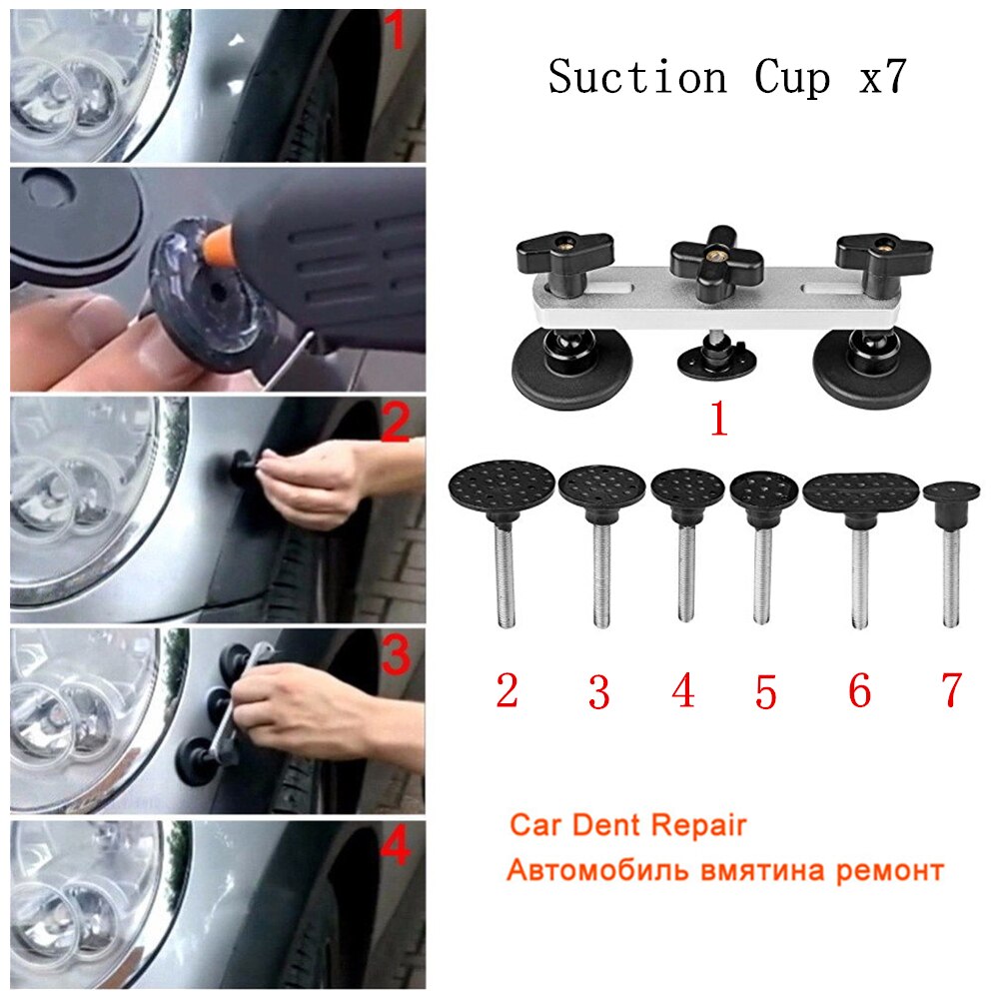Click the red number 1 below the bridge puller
coord(717,421)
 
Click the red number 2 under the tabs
coord(506,690)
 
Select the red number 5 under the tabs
coord(765,692)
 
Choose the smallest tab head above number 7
coord(950,491)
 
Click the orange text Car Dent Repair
coord(627,826)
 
